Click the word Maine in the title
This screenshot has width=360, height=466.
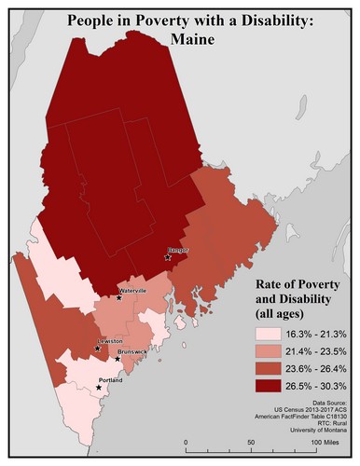click(180, 40)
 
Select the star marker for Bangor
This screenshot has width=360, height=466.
click(168, 257)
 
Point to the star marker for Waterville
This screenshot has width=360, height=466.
click(119, 298)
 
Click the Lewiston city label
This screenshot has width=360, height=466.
click(109, 342)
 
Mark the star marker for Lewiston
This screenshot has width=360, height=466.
click(98, 349)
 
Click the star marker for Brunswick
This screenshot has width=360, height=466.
click(118, 359)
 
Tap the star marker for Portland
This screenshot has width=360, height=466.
click(98, 387)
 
